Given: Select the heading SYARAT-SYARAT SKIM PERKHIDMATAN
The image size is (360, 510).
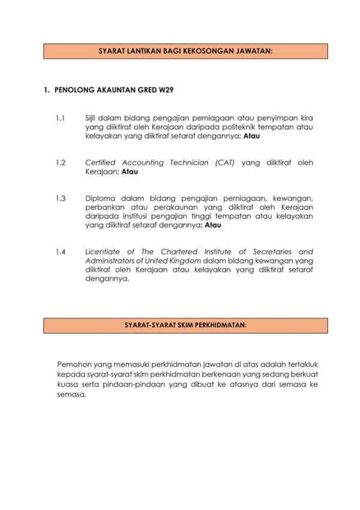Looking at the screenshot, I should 185,326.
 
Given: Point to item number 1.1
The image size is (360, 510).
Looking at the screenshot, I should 59,118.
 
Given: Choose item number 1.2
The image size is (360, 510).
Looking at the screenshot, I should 59,163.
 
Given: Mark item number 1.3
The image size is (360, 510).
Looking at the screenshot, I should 59,198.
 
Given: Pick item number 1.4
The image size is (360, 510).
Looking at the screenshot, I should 59,251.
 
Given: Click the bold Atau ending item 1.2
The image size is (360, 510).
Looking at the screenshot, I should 130,172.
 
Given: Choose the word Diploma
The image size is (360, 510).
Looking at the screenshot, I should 100,198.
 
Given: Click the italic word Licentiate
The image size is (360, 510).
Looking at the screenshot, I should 103,251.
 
